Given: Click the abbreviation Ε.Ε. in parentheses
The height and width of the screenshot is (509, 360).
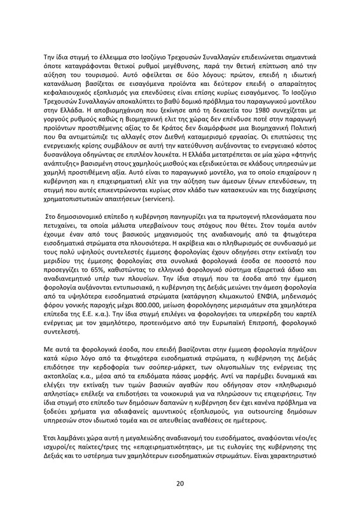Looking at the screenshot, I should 103,316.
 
